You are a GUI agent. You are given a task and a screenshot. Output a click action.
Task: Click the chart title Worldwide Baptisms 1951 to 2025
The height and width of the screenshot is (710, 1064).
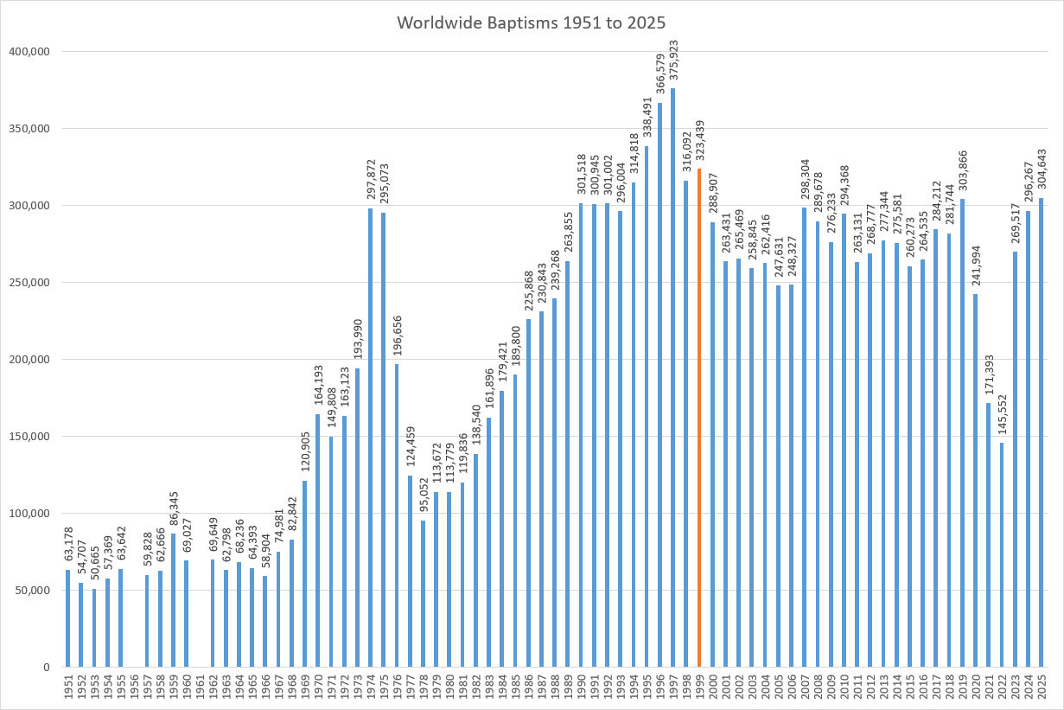tap(532, 23)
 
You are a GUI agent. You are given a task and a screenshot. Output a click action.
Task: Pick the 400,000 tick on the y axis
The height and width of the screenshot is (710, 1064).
tap(29, 52)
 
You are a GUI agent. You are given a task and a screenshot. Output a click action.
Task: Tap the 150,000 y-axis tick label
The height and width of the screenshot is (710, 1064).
tap(29, 437)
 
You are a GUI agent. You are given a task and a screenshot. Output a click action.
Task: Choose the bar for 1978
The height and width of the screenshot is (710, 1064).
tap(424, 593)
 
